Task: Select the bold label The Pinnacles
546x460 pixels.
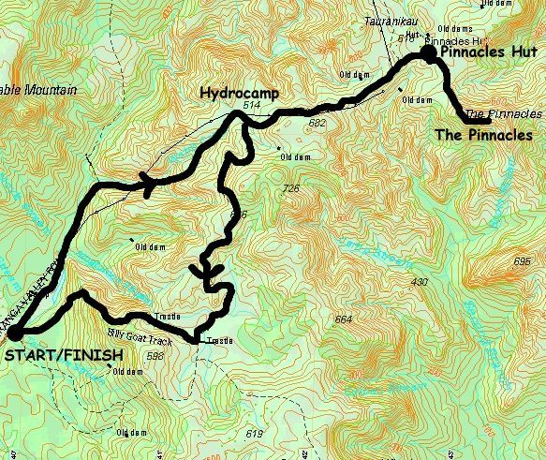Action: [x=484, y=136]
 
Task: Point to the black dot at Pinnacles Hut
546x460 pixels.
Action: [x=428, y=54]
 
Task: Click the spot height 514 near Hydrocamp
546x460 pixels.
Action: [x=250, y=107]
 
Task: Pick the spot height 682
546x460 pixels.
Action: [x=317, y=122]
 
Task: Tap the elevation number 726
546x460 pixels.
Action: [x=289, y=189]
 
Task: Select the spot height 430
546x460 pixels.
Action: [x=419, y=282]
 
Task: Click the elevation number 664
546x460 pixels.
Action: [x=344, y=320]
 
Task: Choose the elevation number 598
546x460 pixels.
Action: [x=155, y=356]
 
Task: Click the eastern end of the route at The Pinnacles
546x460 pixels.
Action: [x=488, y=121]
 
